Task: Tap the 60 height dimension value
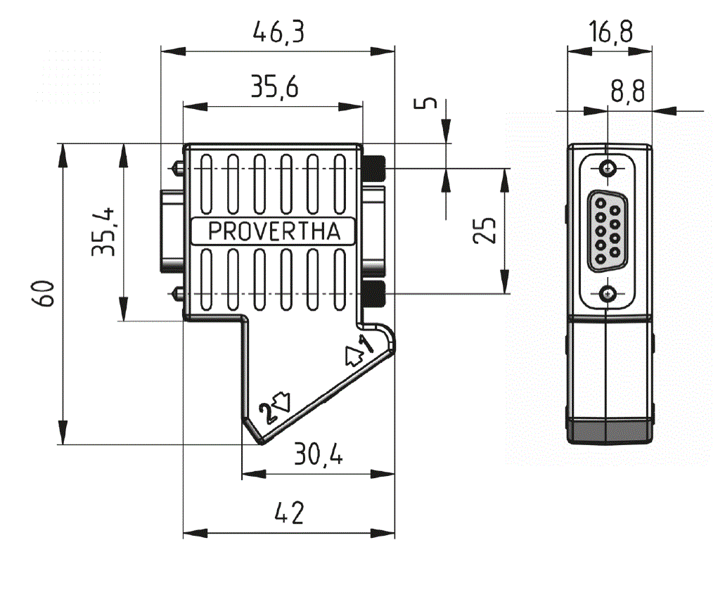pyautogui.click(x=44, y=293)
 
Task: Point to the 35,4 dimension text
pyautogui.click(x=103, y=231)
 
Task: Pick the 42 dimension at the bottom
pyautogui.click(x=289, y=513)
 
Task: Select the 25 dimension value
pyautogui.click(x=485, y=230)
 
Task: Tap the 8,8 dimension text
pyautogui.click(x=628, y=91)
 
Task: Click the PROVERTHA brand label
pyautogui.click(x=274, y=231)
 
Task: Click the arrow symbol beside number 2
pyautogui.click(x=281, y=401)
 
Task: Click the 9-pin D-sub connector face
pyautogui.click(x=607, y=231)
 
